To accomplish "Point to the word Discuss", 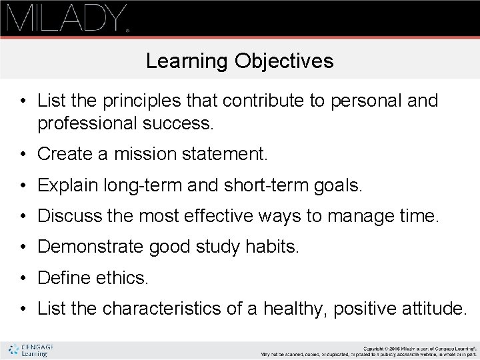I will tap(67, 217).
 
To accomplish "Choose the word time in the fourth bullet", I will tap(421, 217).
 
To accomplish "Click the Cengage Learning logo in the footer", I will tap(31, 351).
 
